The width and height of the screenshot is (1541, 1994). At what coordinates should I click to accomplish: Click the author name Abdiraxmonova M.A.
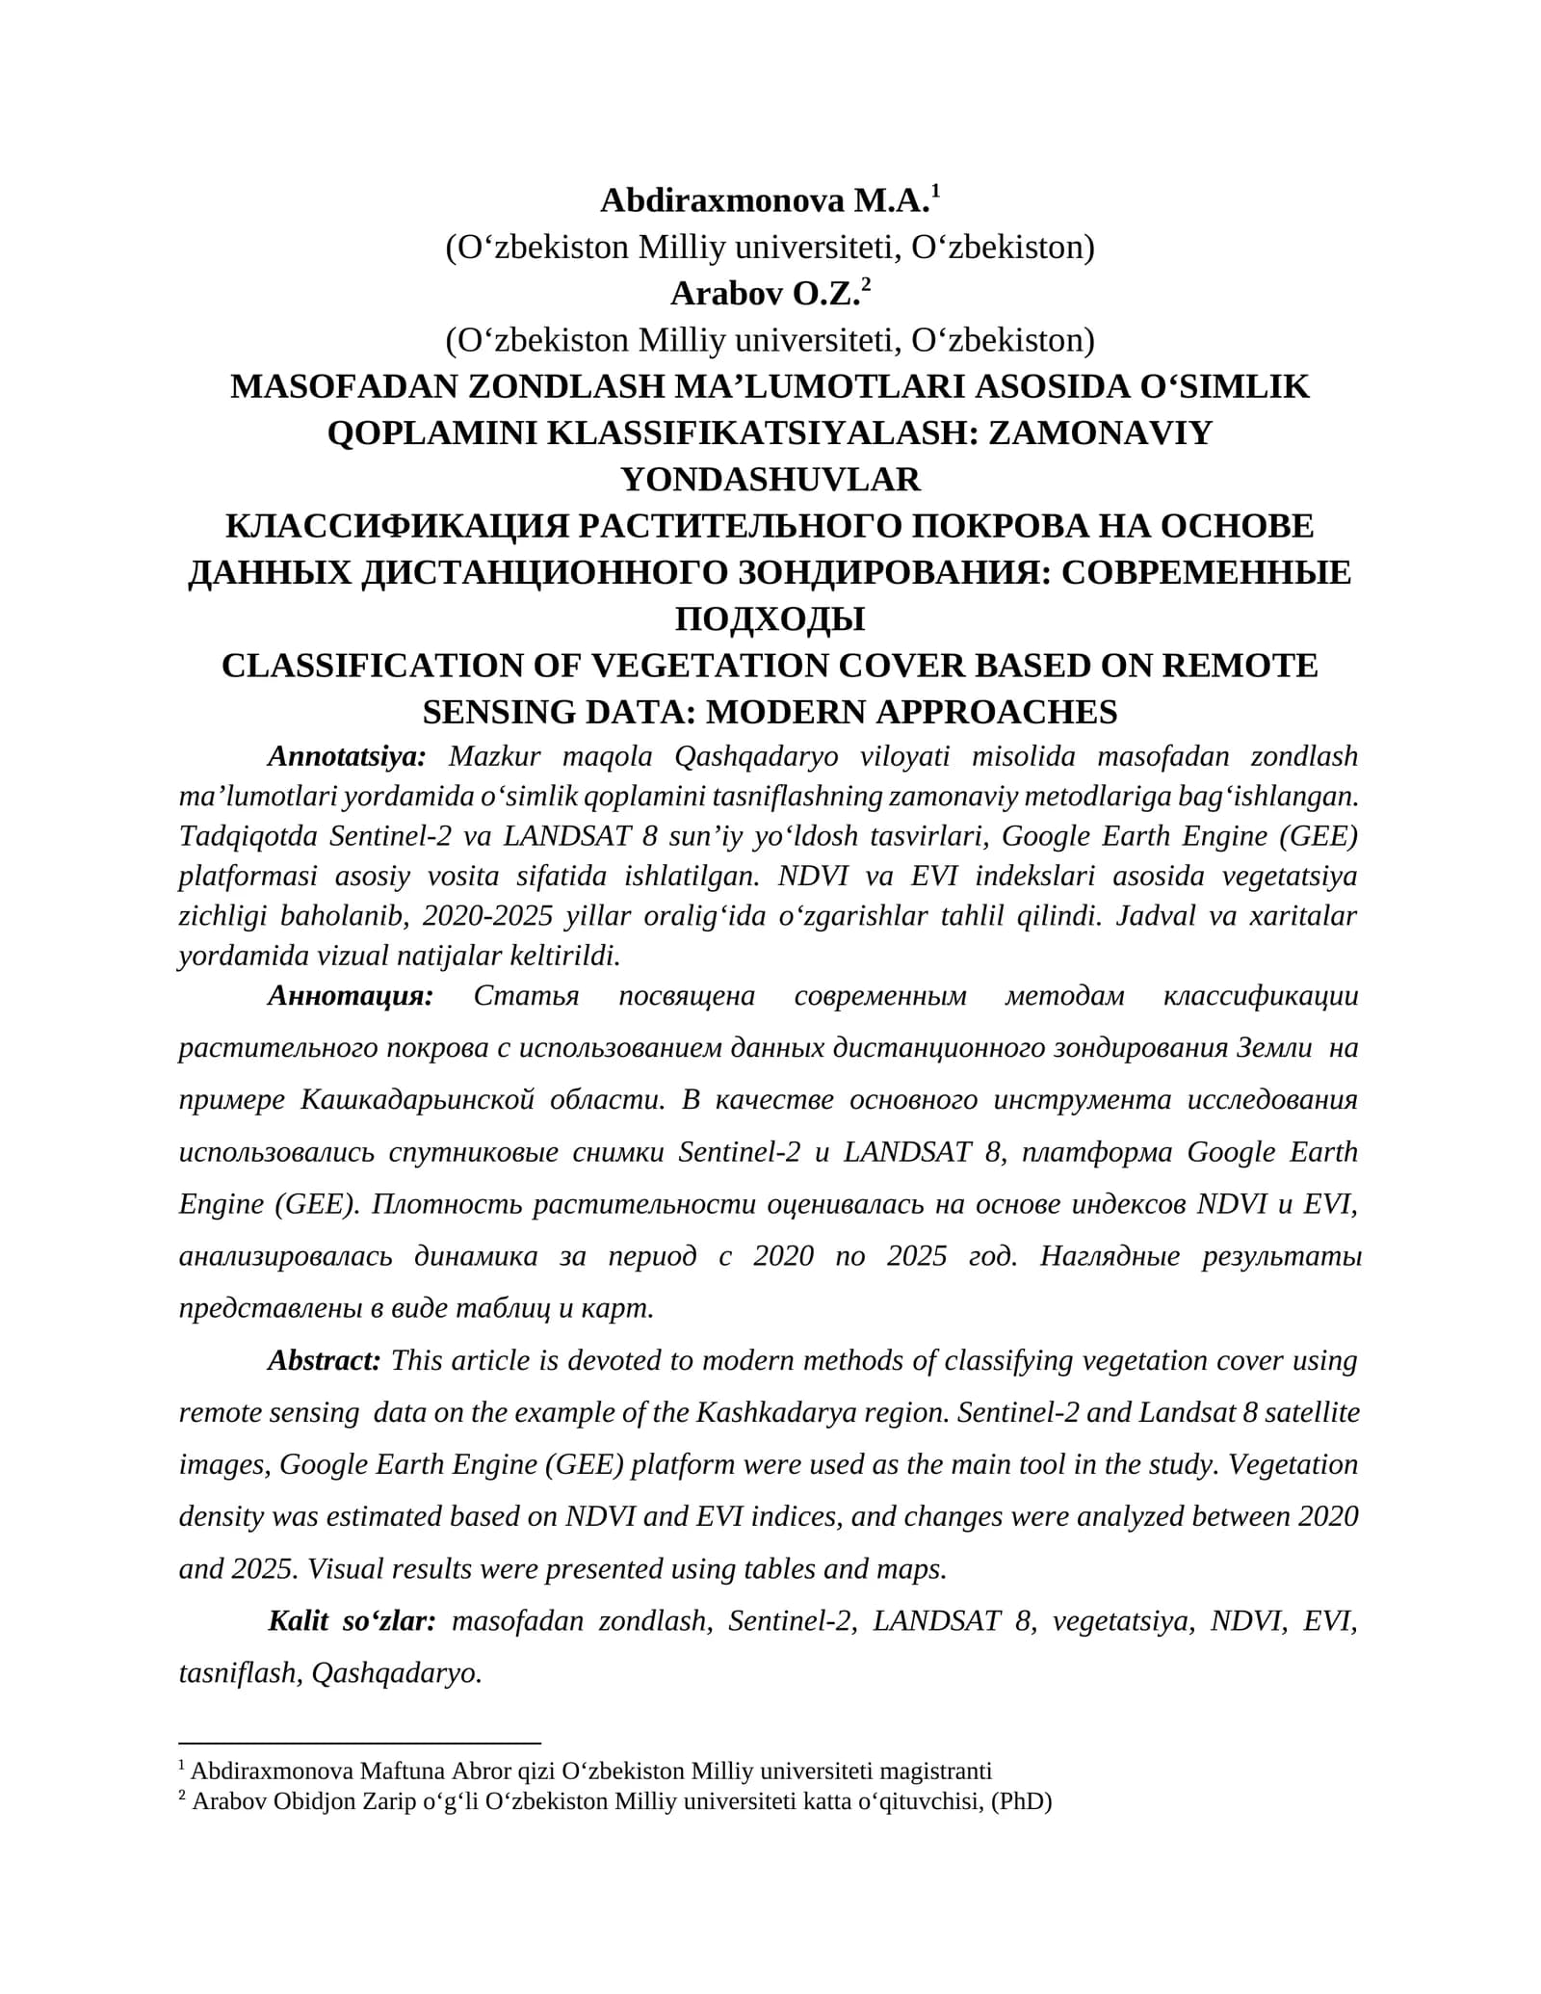pyautogui.click(x=764, y=201)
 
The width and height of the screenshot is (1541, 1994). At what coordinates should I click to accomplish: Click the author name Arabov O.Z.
pyautogui.click(x=764, y=294)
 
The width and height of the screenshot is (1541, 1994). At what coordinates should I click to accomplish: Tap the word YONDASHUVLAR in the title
pyautogui.click(x=770, y=480)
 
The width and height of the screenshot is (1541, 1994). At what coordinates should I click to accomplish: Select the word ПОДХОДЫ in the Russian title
pyautogui.click(x=770, y=619)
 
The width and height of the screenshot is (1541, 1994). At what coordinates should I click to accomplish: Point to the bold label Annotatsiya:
pyautogui.click(x=346, y=756)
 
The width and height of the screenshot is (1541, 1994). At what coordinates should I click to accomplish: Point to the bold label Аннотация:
pyautogui.click(x=350, y=995)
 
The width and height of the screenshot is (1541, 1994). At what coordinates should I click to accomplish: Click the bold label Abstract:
pyautogui.click(x=324, y=1360)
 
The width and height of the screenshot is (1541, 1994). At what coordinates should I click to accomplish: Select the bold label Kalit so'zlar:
pyautogui.click(x=352, y=1621)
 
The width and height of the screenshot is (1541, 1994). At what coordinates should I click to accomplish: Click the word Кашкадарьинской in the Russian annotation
pyautogui.click(x=417, y=1100)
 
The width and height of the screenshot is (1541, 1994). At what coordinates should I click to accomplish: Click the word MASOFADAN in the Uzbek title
pyautogui.click(x=343, y=387)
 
